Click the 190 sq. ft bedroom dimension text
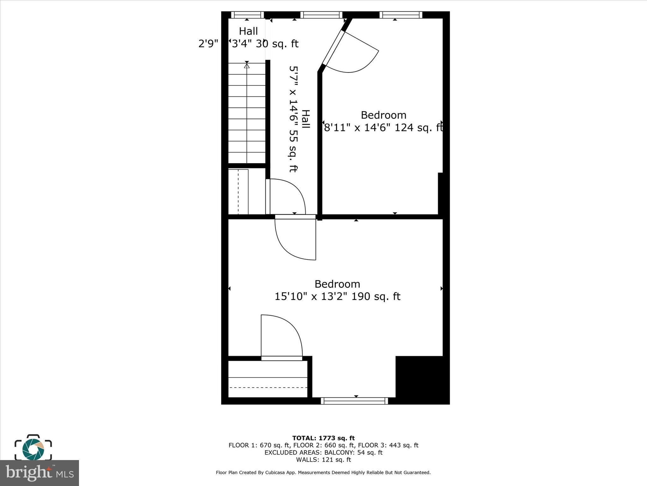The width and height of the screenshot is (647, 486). coord(337,296)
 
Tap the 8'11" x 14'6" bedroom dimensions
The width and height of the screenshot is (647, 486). coord(383,128)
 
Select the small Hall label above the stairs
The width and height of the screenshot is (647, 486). coord(248,31)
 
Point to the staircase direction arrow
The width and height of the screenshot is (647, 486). coord(247,65)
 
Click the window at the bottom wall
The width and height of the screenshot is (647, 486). coord(354,401)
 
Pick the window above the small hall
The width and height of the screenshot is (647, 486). coord(247,15)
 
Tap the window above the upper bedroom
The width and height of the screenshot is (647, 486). coord(401,15)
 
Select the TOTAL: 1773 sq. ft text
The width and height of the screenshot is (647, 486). coord(323,438)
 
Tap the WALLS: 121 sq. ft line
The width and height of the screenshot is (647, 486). coord(323,460)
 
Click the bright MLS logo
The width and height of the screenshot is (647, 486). coord(39,473)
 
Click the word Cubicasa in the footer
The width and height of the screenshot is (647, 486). coord(275,472)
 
